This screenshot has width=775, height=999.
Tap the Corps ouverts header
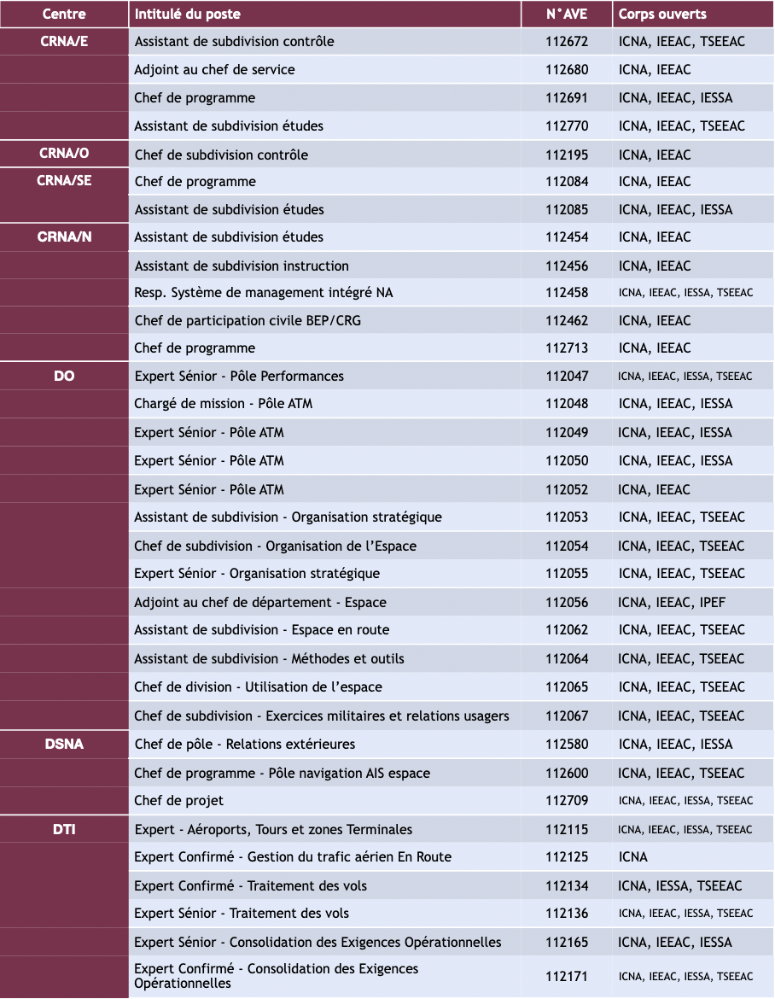(662, 15)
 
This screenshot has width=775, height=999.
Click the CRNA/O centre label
(64, 155)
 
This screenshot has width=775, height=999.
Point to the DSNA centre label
(64, 744)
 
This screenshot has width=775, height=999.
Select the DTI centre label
(64, 829)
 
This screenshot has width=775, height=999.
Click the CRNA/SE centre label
(64, 181)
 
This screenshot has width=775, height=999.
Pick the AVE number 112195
(567, 155)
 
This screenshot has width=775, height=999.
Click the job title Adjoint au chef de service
(214, 70)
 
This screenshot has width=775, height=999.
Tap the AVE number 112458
(567, 292)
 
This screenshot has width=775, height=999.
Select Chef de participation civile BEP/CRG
(234, 320)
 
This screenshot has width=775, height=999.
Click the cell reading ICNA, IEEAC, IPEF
(672, 602)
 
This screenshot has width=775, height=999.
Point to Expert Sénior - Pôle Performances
(239, 376)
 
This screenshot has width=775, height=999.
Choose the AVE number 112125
(567, 856)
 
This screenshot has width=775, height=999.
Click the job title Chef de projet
(179, 800)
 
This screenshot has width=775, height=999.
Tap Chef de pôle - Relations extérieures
(245, 744)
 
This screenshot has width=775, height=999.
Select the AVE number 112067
(567, 716)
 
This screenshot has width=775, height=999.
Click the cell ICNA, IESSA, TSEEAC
(680, 885)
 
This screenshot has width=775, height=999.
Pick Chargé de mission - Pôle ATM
(224, 403)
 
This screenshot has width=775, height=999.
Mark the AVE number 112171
(567, 976)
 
